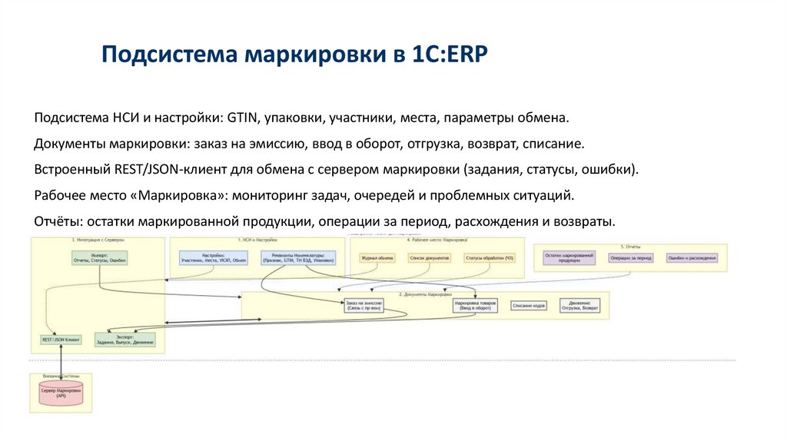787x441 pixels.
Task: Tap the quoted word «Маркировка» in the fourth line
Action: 182,194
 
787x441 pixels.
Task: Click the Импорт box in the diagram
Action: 99,258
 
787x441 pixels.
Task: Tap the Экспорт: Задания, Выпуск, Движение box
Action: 125,339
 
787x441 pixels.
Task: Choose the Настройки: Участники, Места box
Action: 214,258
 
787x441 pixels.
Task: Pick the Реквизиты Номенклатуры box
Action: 297,258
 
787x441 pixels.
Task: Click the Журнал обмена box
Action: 377,258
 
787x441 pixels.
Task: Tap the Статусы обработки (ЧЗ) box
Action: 490,258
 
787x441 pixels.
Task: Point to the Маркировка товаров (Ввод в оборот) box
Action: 476,306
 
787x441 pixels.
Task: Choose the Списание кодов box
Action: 529,306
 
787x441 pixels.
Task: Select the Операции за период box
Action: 631,258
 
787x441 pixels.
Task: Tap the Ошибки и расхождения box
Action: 692,258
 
